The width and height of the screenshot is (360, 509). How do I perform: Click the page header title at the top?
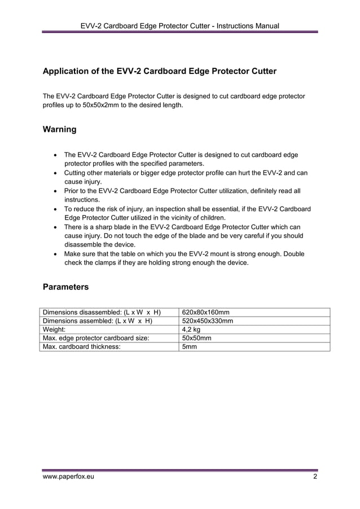[179, 25]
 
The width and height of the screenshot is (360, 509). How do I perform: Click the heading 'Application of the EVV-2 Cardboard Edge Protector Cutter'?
[160, 72]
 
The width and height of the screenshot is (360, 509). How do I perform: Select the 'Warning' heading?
[60, 129]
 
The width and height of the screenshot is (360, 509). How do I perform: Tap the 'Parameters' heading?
[65, 287]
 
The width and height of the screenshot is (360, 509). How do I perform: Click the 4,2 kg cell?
[191, 330]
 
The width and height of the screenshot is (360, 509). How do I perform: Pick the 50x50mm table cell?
[196, 338]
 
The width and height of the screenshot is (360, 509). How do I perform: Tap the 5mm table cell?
[189, 346]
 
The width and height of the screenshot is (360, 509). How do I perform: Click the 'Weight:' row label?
[55, 330]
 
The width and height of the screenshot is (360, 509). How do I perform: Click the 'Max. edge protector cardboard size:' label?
[96, 338]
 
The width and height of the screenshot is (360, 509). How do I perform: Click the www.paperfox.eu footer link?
[69, 477]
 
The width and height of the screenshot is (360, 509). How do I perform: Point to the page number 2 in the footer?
[315, 477]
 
